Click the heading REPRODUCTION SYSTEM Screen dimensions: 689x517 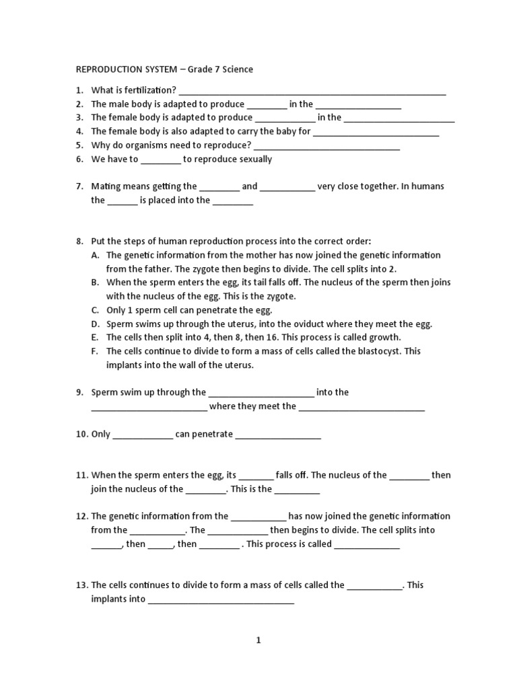pyautogui.click(x=120, y=69)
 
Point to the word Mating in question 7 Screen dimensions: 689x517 pyautogui.click(x=105, y=186)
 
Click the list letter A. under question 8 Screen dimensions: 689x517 pyautogui.click(x=96, y=255)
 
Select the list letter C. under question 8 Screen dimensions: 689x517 pyautogui.click(x=96, y=310)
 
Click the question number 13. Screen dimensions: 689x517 pyautogui.click(x=81, y=585)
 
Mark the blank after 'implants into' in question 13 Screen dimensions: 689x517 pyautogui.click(x=221, y=601)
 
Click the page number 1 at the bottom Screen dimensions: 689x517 pyautogui.click(x=258, y=641)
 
